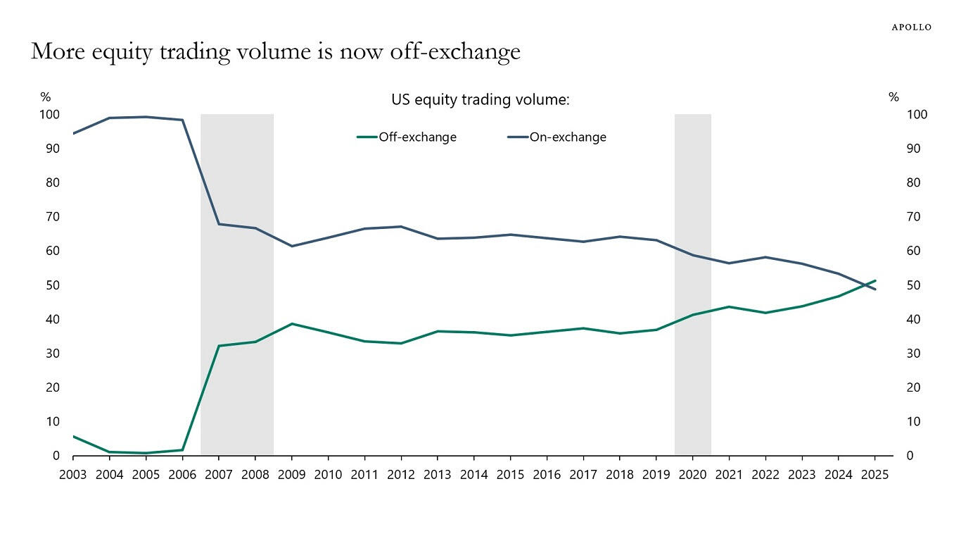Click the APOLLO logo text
point(911,27)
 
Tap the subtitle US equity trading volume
point(480,100)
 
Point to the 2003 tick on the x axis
point(73,475)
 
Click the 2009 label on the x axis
point(292,475)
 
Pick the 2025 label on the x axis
point(875,475)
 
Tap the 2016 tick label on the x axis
point(547,475)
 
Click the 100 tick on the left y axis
point(51,114)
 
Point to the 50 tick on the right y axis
point(914,285)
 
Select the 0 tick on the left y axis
point(56,456)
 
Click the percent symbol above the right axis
point(894,97)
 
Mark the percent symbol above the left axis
point(46,97)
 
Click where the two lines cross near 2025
point(865,285)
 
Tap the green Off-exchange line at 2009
point(292,324)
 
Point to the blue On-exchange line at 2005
point(146,117)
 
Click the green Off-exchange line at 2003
point(74,437)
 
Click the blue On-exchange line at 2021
point(729,263)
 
